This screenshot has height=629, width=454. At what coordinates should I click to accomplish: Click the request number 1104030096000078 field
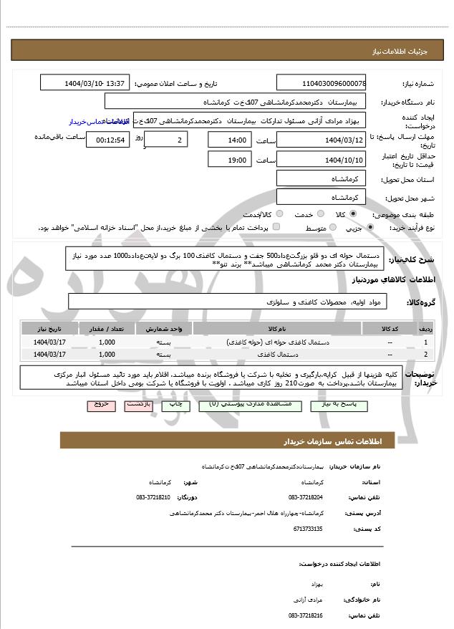(x=321, y=83)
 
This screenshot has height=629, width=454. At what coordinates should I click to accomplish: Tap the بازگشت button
(x=139, y=405)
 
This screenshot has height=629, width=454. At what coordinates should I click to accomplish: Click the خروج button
(x=100, y=405)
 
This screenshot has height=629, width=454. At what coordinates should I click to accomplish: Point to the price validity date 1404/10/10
(x=321, y=159)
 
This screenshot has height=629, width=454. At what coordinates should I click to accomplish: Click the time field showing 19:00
(x=230, y=159)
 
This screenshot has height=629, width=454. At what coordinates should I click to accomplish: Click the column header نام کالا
(x=277, y=328)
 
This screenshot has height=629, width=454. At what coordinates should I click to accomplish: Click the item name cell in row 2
(x=277, y=354)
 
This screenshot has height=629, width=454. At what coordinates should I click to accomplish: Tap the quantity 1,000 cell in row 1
(x=107, y=342)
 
